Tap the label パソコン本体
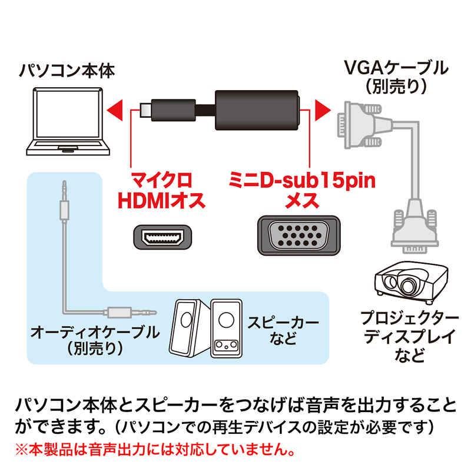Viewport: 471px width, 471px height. point(67,72)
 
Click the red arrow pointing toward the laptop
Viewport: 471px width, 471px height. point(115,109)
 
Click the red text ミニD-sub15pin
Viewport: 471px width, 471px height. point(301,179)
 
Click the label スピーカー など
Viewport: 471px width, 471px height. point(282,331)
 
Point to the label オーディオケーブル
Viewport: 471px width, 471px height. point(94,332)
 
